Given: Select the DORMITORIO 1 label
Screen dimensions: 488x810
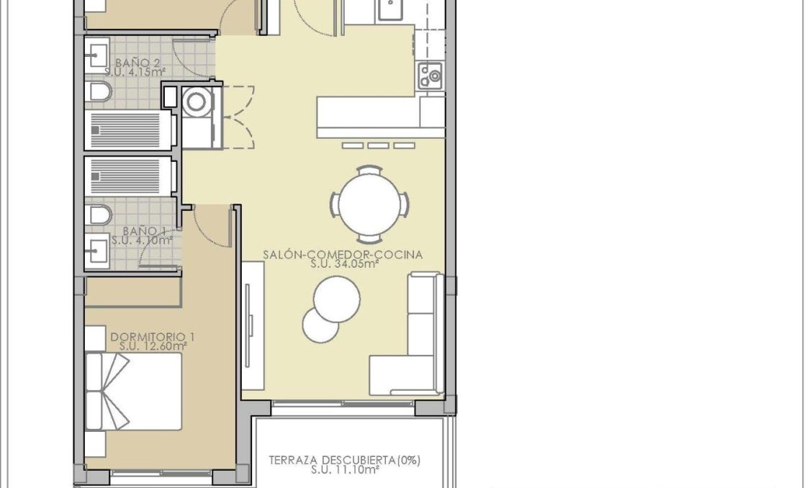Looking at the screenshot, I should pyautogui.click(x=153, y=336).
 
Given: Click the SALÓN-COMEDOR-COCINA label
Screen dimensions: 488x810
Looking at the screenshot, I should pyautogui.click(x=342, y=254).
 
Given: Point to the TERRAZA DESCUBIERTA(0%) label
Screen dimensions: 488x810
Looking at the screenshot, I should pyautogui.click(x=345, y=460).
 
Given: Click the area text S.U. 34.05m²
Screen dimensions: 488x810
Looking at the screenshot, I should pyautogui.click(x=345, y=264).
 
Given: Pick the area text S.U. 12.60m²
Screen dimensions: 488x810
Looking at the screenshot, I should pyautogui.click(x=153, y=346).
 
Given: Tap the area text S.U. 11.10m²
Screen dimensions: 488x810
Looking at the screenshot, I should pyautogui.click(x=345, y=470).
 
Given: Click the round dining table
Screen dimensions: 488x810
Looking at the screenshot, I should pyautogui.click(x=370, y=204).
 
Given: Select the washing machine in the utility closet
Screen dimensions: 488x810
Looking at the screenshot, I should pyautogui.click(x=196, y=101).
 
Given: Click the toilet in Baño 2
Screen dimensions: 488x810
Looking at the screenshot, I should pyautogui.click(x=99, y=91).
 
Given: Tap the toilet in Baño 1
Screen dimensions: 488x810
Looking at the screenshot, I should pyautogui.click(x=99, y=214).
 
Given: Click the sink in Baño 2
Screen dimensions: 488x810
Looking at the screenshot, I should pyautogui.click(x=96, y=55).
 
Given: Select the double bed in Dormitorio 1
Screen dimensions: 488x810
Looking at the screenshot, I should pyautogui.click(x=133, y=392).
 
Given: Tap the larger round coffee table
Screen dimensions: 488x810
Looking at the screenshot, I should pyautogui.click(x=337, y=297).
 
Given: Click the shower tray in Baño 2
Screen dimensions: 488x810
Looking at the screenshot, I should pyautogui.click(x=130, y=131).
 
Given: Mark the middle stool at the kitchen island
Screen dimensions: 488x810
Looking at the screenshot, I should pyautogui.click(x=378, y=145).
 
